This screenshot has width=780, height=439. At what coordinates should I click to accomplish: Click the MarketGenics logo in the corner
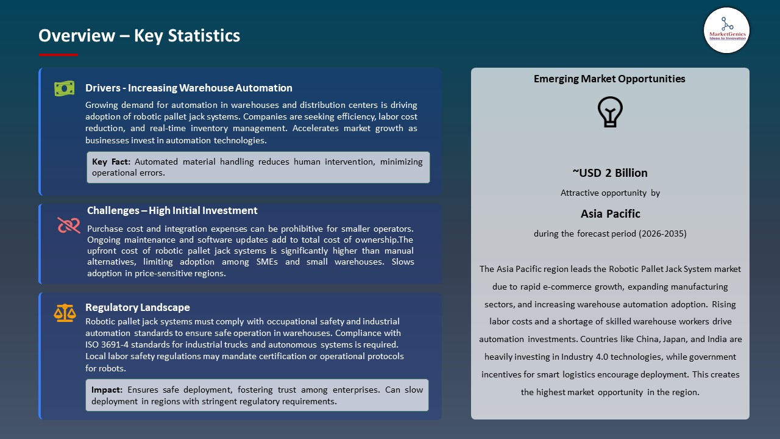click(x=726, y=30)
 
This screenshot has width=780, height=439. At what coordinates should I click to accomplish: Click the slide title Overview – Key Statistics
click(x=139, y=35)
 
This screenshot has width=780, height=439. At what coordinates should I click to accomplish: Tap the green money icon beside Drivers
click(x=64, y=89)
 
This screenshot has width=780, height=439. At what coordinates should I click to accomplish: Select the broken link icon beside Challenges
click(x=68, y=226)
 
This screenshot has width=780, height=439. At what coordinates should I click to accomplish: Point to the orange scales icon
click(x=65, y=313)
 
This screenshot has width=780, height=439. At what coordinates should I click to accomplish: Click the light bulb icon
click(x=610, y=112)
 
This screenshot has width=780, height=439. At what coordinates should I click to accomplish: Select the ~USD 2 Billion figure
click(x=609, y=173)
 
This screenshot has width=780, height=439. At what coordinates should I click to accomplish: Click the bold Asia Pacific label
click(x=610, y=213)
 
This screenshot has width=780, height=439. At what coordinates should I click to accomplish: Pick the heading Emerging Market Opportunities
click(x=609, y=79)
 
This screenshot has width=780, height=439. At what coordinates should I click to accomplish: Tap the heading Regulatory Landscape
click(x=138, y=307)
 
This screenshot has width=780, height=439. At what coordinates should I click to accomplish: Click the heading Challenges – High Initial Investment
click(x=172, y=210)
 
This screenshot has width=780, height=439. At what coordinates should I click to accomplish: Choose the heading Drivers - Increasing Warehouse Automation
click(x=189, y=88)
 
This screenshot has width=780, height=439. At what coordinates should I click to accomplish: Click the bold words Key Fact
click(x=112, y=162)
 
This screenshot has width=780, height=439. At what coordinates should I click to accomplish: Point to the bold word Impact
click(x=107, y=390)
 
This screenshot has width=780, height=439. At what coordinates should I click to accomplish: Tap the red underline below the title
click(x=58, y=55)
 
